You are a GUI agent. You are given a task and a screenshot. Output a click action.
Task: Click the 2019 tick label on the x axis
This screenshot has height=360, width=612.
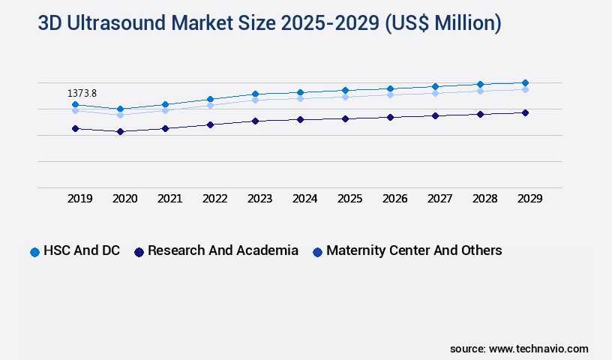click(80, 199)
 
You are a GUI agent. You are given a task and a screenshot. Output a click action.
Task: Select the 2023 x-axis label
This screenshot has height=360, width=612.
click(260, 199)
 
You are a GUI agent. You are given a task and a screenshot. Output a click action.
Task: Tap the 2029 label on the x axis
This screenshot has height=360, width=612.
click(530, 199)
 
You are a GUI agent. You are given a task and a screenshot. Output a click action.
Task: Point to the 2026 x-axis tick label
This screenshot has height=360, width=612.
click(395, 199)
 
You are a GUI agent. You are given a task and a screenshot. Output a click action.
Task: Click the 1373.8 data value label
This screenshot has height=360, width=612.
click(82, 94)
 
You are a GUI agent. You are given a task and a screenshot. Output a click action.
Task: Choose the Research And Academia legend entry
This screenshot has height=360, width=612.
click(223, 250)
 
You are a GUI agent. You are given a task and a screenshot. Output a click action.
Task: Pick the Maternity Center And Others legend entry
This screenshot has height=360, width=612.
click(414, 250)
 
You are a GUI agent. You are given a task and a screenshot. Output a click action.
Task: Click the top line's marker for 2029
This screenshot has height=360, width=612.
click(525, 82)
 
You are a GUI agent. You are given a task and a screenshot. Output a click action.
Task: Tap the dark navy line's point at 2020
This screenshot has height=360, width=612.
click(120, 131)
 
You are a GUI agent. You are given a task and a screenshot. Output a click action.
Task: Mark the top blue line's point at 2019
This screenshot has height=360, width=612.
click(75, 104)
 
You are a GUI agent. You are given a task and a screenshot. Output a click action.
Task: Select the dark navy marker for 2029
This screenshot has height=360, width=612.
click(525, 112)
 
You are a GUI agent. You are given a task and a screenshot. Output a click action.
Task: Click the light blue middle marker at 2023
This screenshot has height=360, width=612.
click(255, 100)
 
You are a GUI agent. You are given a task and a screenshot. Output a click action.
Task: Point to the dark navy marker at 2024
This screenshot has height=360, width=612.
click(300, 119)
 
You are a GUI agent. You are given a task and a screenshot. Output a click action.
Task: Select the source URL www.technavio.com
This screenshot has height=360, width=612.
click(538, 349)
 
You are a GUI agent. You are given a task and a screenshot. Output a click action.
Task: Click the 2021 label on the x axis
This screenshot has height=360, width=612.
click(170, 199)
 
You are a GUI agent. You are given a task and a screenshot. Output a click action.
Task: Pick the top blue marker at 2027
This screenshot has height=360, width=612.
click(435, 86)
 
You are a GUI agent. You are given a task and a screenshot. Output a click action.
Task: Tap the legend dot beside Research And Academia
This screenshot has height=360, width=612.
click(139, 252)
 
